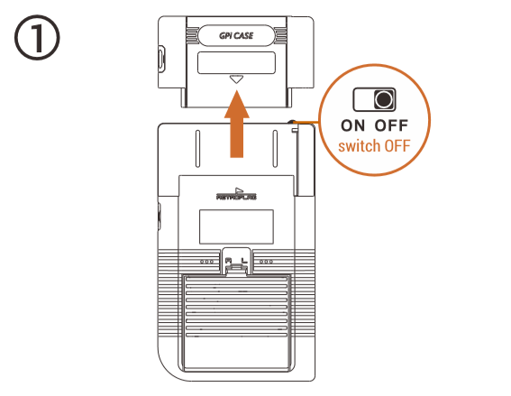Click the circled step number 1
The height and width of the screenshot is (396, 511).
point(37,37)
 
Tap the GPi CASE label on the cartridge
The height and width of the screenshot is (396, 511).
point(236,35)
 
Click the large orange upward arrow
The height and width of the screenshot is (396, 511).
point(237,124)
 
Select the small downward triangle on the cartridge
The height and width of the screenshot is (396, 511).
point(236,79)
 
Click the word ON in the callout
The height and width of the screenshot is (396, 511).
point(353,125)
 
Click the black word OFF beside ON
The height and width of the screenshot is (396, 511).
point(391,125)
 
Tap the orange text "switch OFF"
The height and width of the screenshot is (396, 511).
point(374,146)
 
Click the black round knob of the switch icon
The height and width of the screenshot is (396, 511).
point(384,99)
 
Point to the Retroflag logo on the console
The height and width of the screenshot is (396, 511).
point(237,194)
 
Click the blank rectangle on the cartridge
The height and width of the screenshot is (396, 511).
point(236,62)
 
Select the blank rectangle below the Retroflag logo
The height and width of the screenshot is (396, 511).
point(236,226)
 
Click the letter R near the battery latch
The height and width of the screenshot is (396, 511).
point(228,261)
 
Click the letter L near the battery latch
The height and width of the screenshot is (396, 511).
point(244,261)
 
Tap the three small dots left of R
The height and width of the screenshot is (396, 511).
point(207,262)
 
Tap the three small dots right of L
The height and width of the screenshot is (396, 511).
point(266,262)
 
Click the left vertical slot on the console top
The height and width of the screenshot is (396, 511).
point(197,149)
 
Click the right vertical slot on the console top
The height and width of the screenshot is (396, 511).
point(275,149)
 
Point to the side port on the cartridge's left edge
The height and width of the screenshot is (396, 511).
point(162,60)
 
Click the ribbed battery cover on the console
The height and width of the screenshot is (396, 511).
point(237,323)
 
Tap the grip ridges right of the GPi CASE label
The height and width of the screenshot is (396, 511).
point(280,35)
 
